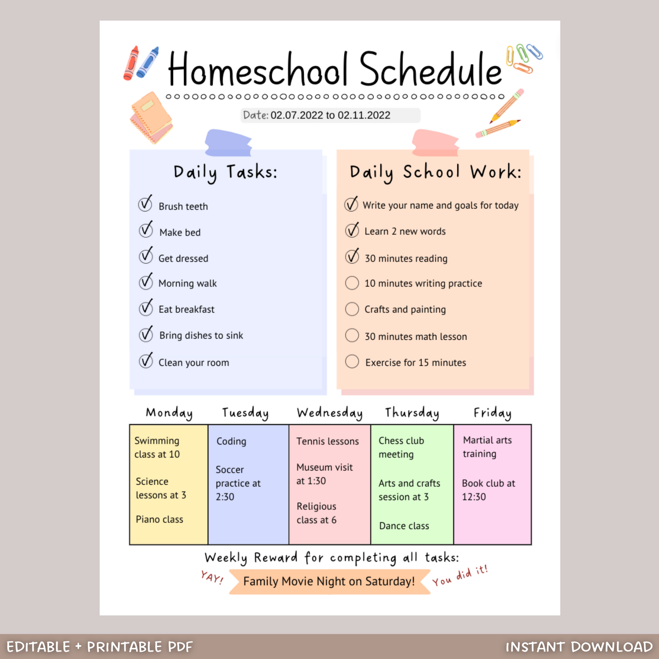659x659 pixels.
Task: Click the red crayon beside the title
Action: pos(131,63)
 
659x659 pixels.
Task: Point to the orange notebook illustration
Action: pos(151,117)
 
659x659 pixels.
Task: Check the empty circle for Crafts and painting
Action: pos(352,309)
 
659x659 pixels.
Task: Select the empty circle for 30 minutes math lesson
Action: pos(352,336)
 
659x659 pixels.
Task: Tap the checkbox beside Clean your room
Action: pos(146,361)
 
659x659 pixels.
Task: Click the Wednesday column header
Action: pos(329,413)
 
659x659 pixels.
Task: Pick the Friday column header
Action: pos(492,413)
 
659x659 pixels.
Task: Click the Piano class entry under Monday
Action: pos(159,519)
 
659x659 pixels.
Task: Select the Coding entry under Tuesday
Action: pos(231,441)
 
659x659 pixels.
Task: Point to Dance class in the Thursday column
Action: pos(404,526)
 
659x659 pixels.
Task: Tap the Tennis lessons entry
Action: pos(328,441)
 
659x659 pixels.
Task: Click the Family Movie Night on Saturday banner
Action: pos(329,581)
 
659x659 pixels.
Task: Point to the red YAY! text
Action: pos(212,577)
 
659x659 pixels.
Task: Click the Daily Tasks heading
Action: pos(226,172)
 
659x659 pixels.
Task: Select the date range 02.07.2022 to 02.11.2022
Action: pos(330,115)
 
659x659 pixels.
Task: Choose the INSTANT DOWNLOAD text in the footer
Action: pos(579,647)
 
